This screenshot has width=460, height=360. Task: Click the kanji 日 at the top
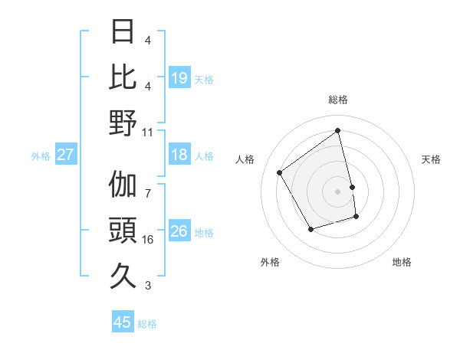pos(123,31)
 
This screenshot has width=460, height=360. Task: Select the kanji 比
pos(123,77)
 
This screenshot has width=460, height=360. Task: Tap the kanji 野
pos(123,123)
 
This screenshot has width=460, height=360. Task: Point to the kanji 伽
pos(123,185)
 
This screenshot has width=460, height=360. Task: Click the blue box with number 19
pos(179,77)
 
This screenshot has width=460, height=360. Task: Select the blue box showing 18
pos(179,155)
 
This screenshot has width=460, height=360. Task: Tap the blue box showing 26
pos(179,231)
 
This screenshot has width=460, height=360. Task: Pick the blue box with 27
pos(65,155)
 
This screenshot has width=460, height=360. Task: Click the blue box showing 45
pos(123,322)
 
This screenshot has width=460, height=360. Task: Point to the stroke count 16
pos(148,240)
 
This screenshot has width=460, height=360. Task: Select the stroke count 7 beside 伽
pos(148,185)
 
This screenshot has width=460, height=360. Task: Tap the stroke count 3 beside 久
pos(148,286)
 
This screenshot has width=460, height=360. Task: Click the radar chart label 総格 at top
pos(338,100)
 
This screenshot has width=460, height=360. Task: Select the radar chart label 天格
pos(432,159)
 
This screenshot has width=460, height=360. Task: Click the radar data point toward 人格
pos(280,172)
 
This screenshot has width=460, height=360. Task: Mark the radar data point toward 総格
pos(338,130)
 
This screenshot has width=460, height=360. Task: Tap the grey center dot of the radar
pos(338,191)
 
